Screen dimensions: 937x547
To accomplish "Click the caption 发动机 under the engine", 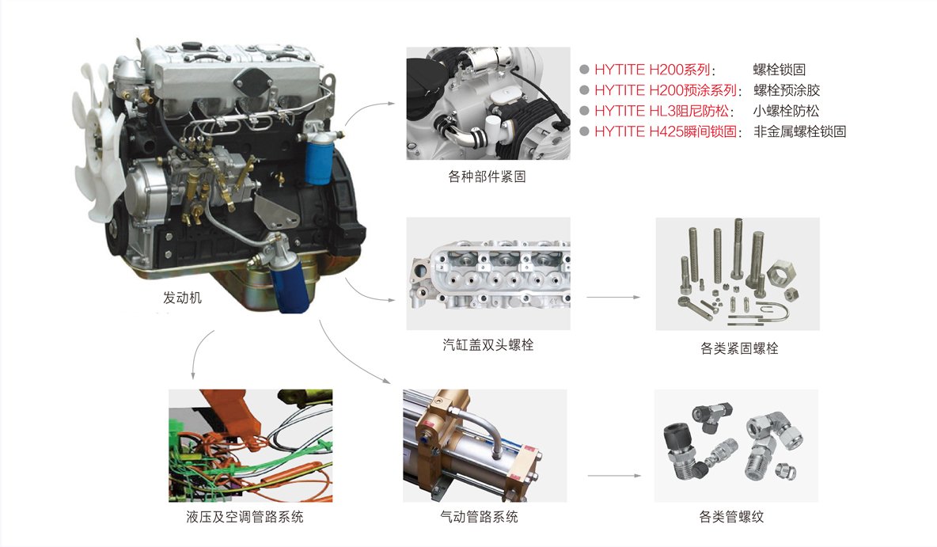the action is [x=182, y=298].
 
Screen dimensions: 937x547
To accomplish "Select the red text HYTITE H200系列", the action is [x=653, y=70].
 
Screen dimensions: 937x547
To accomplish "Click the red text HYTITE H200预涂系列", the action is [x=666, y=90].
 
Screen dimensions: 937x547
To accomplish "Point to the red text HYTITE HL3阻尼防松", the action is [x=662, y=111].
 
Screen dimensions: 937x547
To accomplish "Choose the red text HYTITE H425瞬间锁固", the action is [x=666, y=131].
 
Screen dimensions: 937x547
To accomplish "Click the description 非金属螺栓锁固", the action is [x=799, y=131].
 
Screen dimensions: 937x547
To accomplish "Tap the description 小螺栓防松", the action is [x=787, y=111].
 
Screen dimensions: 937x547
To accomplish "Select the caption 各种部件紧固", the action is [x=487, y=177].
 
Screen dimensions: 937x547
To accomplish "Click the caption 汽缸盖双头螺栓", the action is [x=488, y=345].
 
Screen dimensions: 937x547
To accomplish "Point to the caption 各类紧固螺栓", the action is [x=739, y=348].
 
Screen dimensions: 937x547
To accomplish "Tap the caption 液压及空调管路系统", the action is [x=245, y=517].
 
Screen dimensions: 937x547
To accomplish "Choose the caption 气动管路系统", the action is [x=480, y=517].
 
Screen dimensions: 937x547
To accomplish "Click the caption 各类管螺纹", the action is [x=731, y=517].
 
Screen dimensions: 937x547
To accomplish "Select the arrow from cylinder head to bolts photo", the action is [x=613, y=297].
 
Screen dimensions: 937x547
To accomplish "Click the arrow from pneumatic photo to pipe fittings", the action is [x=614, y=476].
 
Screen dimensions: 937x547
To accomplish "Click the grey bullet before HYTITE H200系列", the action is [x=584, y=70].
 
